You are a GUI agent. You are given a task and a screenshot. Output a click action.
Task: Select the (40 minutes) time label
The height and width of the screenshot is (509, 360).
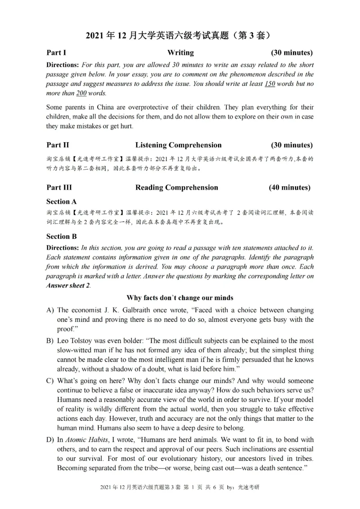[289, 188]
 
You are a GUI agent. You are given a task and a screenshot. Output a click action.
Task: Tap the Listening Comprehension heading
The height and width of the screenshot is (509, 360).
[178, 145]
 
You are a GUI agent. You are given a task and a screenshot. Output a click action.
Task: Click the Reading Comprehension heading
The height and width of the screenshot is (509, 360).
[176, 188]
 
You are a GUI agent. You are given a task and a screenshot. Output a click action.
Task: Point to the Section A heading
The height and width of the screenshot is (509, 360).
[61, 201]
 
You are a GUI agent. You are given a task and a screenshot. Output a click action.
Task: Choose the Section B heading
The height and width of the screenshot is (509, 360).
[61, 236]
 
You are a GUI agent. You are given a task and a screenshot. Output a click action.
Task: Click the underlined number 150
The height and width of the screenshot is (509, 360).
[269, 84]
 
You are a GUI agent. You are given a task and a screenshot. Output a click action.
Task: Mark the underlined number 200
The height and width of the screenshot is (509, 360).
[81, 94]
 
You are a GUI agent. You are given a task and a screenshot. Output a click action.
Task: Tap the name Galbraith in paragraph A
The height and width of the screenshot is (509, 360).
[126, 310]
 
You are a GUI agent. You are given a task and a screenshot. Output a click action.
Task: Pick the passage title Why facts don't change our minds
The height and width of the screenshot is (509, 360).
[180, 298]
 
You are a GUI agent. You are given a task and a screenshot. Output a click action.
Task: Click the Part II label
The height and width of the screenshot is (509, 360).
[57, 145]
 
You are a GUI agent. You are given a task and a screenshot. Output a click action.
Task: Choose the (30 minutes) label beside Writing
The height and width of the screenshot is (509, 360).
[291, 53]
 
